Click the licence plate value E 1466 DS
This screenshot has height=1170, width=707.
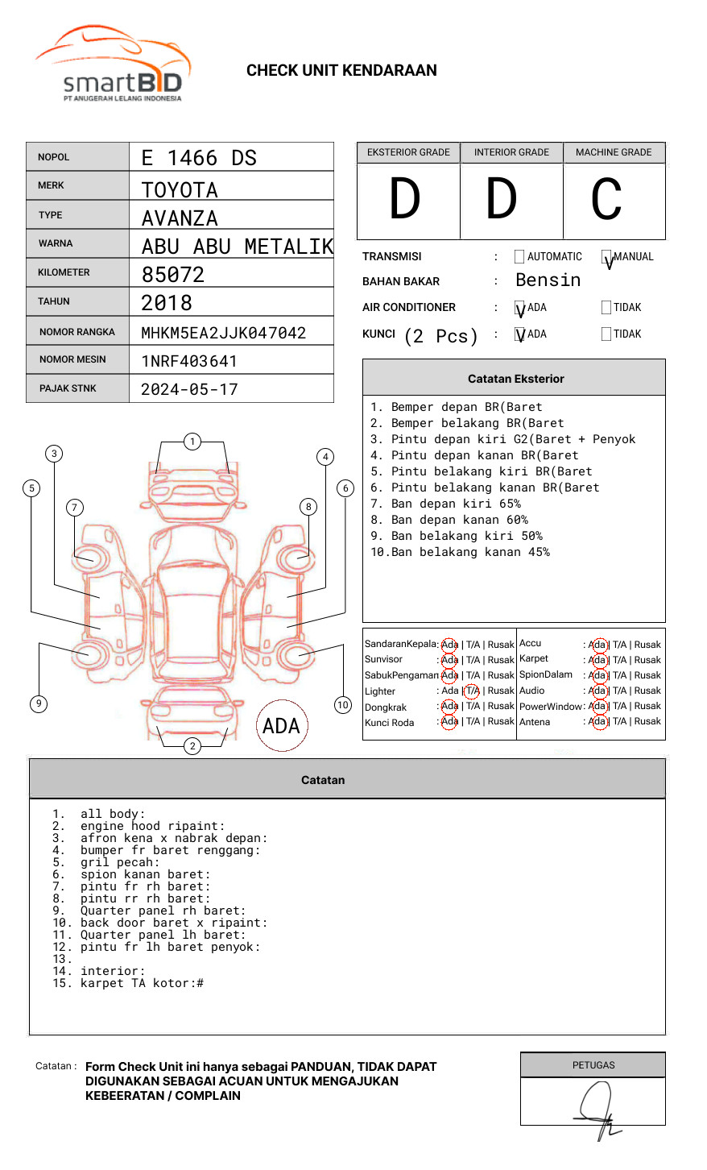[x=199, y=158]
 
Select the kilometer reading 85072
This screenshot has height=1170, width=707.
[x=172, y=275]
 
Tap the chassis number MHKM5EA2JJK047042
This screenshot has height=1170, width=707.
[x=224, y=333]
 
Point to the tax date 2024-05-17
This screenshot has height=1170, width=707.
[x=189, y=389]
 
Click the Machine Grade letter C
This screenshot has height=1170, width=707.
[x=606, y=198]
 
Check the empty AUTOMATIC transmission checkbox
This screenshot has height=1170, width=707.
[x=519, y=256]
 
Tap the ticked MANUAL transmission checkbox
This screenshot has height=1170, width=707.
[x=606, y=256]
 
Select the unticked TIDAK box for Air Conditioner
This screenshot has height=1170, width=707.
[x=606, y=307]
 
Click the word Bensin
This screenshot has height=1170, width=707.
[x=548, y=280]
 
